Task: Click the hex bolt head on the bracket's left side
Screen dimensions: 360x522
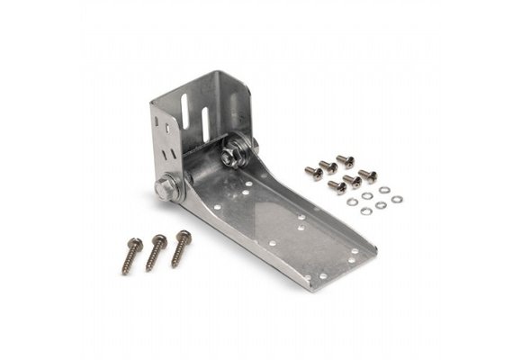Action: pyautogui.click(x=164, y=189)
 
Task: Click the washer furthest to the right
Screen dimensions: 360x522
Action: pyautogui.click(x=397, y=199)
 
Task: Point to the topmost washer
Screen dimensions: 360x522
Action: pyautogui.click(x=384, y=190)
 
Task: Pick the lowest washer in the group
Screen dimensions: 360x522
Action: pyautogui.click(x=366, y=211)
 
